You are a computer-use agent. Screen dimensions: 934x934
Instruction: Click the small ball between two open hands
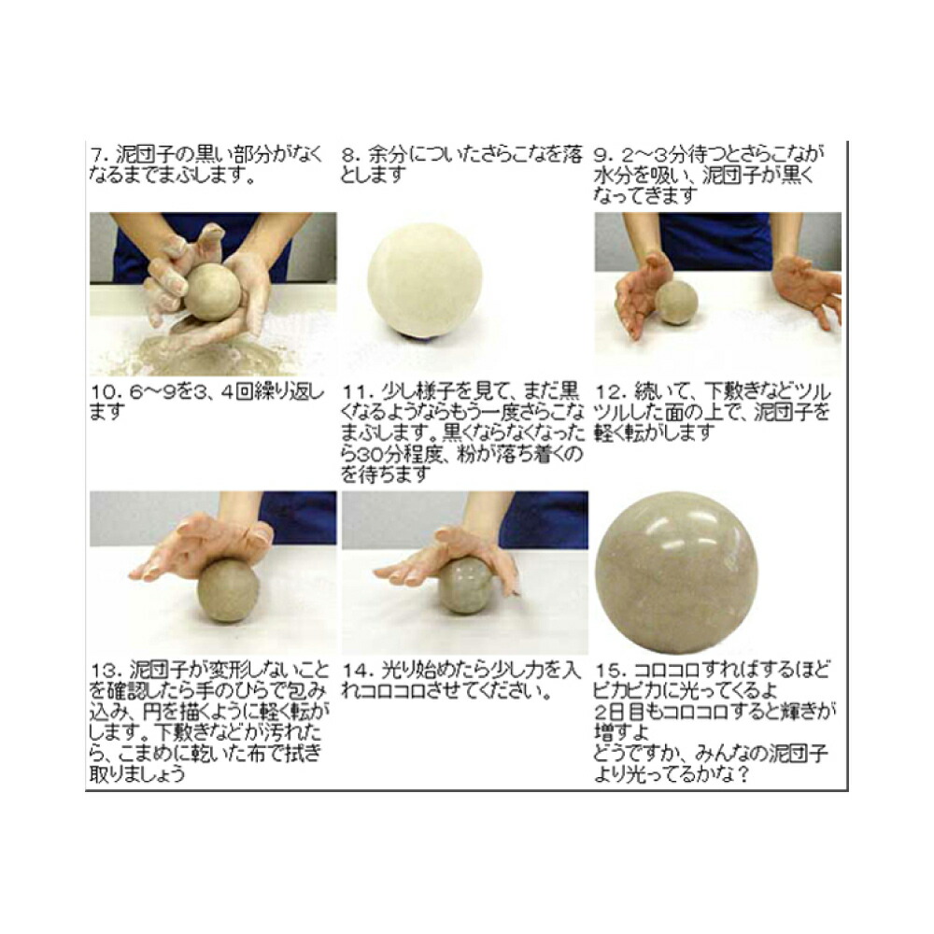tap(676, 302)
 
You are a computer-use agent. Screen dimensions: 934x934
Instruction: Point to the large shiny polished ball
tap(676, 571)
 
